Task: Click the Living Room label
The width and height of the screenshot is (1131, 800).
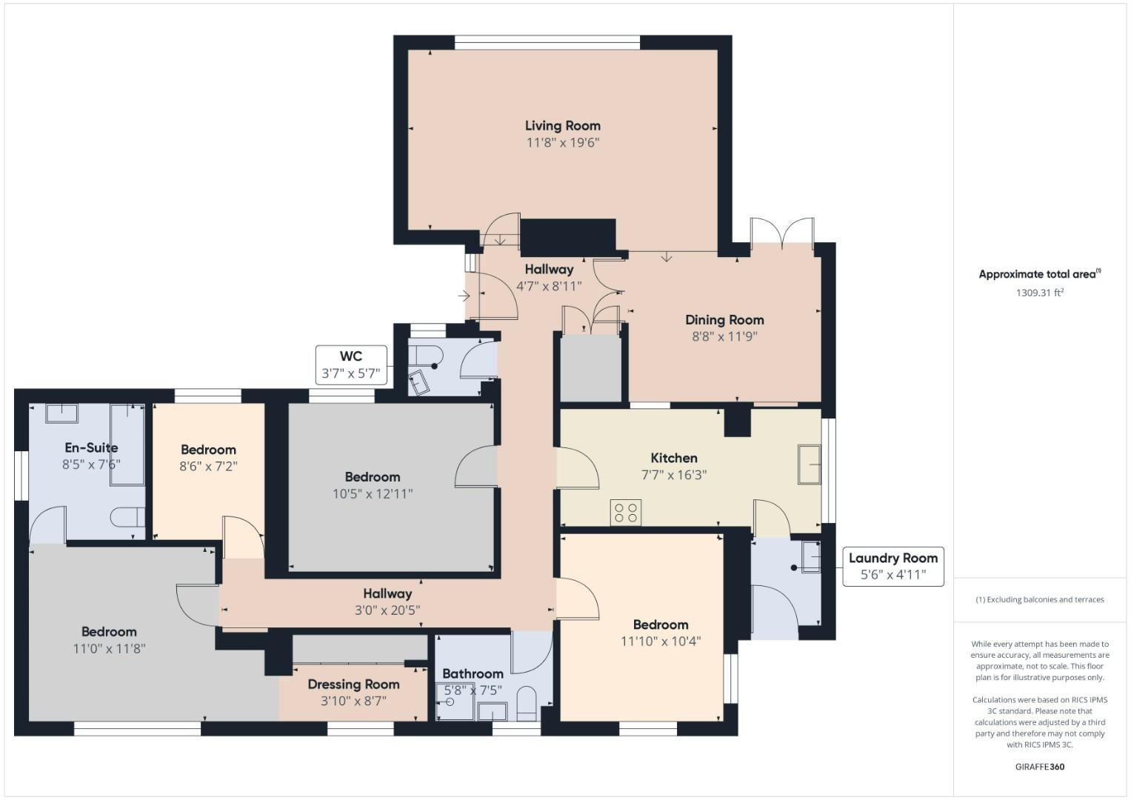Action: pyautogui.click(x=562, y=126)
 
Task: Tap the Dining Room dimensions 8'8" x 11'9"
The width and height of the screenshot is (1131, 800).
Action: pyautogui.click(x=724, y=336)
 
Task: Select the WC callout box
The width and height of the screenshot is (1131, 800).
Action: pyautogui.click(x=351, y=364)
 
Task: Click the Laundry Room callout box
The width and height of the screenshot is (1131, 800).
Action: pyautogui.click(x=893, y=567)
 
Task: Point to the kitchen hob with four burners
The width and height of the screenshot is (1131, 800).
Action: pyautogui.click(x=625, y=513)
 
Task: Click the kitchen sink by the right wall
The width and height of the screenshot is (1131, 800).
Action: pyautogui.click(x=809, y=464)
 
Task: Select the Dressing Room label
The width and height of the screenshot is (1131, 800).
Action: pyautogui.click(x=353, y=684)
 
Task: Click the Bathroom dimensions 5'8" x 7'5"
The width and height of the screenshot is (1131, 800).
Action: pyautogui.click(x=473, y=690)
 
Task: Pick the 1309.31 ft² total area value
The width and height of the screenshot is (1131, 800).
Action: pyautogui.click(x=1039, y=293)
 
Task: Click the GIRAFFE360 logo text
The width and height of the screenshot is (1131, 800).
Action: pyautogui.click(x=1039, y=767)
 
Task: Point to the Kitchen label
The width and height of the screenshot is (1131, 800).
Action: pyautogui.click(x=673, y=458)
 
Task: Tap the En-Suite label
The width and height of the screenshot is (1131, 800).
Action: pyautogui.click(x=91, y=447)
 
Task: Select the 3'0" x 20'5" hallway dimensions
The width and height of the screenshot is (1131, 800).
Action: pyautogui.click(x=387, y=610)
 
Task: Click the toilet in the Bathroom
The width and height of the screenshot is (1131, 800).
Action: pyautogui.click(x=526, y=703)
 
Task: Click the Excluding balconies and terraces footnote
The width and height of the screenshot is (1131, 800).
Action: pyautogui.click(x=1039, y=599)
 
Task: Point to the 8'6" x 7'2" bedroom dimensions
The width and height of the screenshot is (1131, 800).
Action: pyautogui.click(x=208, y=466)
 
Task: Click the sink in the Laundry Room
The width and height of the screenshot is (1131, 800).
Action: pyautogui.click(x=810, y=558)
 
